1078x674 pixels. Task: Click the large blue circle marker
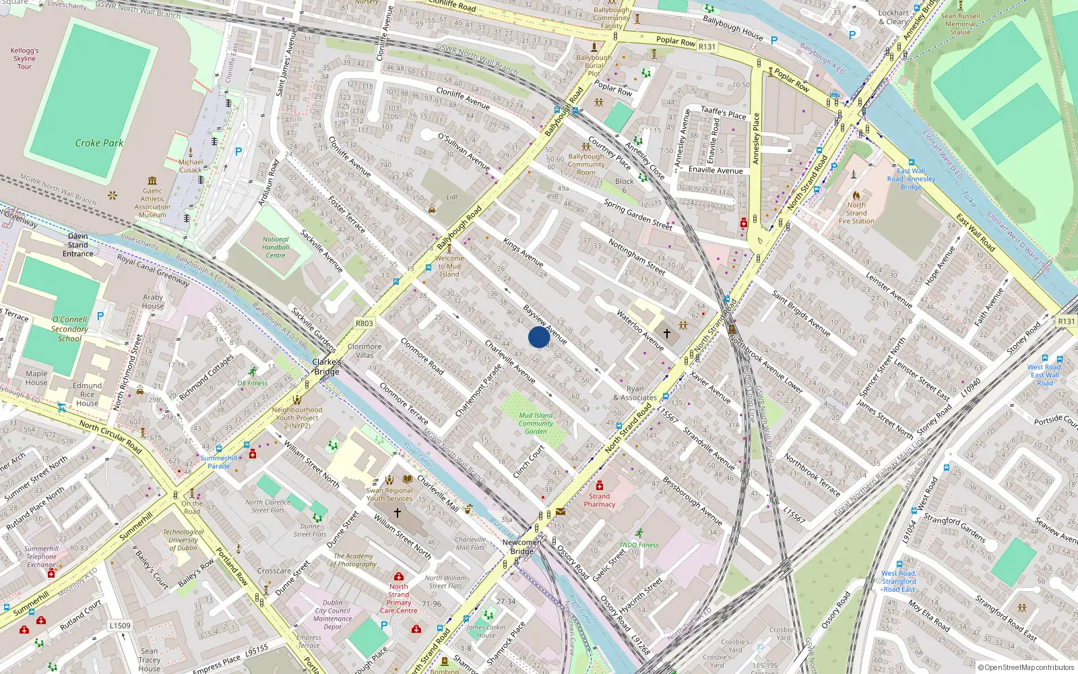(538, 337)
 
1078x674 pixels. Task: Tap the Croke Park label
(99, 143)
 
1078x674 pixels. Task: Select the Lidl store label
(451, 197)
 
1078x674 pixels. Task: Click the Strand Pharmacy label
(600, 500)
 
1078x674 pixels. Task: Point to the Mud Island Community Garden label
(536, 423)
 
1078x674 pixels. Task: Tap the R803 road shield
(364, 324)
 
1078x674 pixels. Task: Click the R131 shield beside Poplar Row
(707, 47)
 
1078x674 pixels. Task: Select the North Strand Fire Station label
(856, 213)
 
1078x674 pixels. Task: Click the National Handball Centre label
(276, 247)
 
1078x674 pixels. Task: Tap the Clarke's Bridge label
(327, 367)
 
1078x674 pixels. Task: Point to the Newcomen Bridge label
(521, 547)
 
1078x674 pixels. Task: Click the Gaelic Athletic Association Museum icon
(152, 181)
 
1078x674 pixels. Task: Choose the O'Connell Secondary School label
(69, 329)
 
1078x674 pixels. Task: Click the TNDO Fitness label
(639, 545)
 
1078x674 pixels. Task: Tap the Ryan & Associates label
(635, 393)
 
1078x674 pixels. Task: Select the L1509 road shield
(120, 625)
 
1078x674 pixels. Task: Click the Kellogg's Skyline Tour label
(25, 59)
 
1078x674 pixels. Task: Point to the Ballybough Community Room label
(586, 164)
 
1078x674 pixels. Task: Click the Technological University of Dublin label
(183, 540)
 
